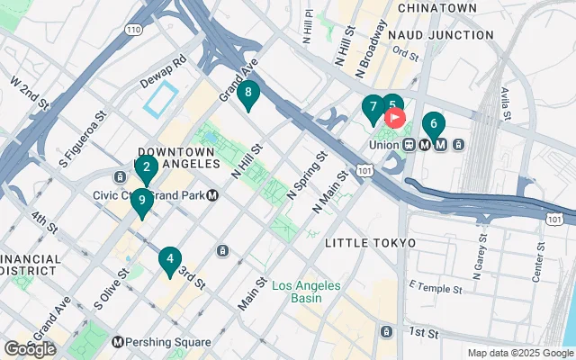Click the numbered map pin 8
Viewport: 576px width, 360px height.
(x=247, y=94)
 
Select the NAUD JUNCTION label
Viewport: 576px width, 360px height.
(x=441, y=34)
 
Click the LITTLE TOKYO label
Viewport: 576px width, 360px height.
(x=370, y=243)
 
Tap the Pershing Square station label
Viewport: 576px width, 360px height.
(x=169, y=342)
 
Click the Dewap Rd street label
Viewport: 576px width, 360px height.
(x=162, y=64)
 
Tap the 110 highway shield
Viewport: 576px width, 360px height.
(x=133, y=30)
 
